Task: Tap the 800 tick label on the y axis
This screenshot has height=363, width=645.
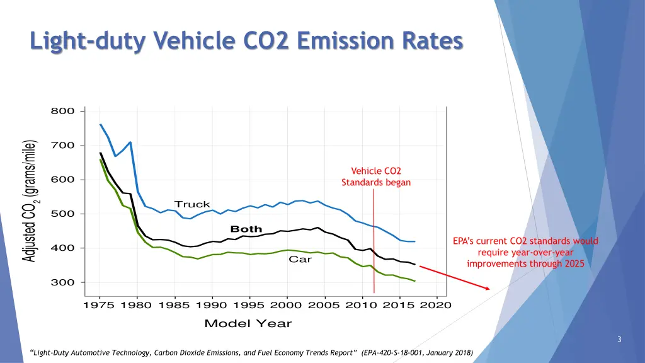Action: point(63,112)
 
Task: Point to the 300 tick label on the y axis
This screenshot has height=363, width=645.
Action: point(63,282)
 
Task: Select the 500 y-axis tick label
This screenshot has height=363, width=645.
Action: point(63,214)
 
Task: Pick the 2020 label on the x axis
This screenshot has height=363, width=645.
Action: point(437,306)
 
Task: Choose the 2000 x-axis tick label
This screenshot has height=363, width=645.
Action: point(287,306)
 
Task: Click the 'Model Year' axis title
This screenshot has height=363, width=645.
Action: point(248,323)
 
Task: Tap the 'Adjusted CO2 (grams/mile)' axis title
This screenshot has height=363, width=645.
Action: point(29,201)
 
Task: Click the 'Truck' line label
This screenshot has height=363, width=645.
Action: point(192,204)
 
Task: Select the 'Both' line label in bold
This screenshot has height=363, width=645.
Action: point(246,229)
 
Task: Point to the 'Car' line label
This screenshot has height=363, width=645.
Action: point(300,259)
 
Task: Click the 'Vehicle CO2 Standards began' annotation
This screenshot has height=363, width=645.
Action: point(376,176)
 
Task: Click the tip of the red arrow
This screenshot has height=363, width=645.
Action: point(489,289)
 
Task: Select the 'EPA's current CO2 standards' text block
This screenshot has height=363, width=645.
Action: point(526,252)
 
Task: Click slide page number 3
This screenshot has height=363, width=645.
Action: point(620,340)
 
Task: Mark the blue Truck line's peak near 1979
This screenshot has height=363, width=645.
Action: point(130,142)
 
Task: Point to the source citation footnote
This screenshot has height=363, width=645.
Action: point(250,352)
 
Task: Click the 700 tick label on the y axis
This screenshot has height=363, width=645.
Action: point(63,146)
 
